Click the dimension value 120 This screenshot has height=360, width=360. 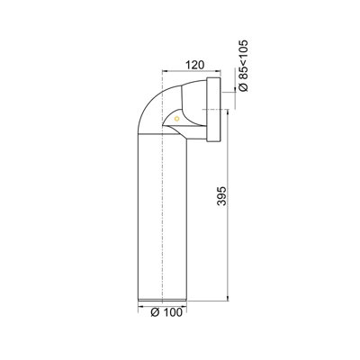coord(194,65)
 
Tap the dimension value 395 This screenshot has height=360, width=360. coord(221,196)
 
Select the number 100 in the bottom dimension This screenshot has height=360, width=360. coord(172,312)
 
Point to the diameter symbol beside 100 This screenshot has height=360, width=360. coord(155,312)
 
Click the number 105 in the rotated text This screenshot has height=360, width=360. coord(244,49)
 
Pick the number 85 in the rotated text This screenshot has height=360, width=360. coord(244,72)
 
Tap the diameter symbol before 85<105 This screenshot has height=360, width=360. coord(244,87)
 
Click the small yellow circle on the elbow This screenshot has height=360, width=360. coord(176,119)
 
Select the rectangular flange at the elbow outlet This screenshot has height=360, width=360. coord(213,110)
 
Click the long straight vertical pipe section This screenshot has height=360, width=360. coord(162,216)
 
